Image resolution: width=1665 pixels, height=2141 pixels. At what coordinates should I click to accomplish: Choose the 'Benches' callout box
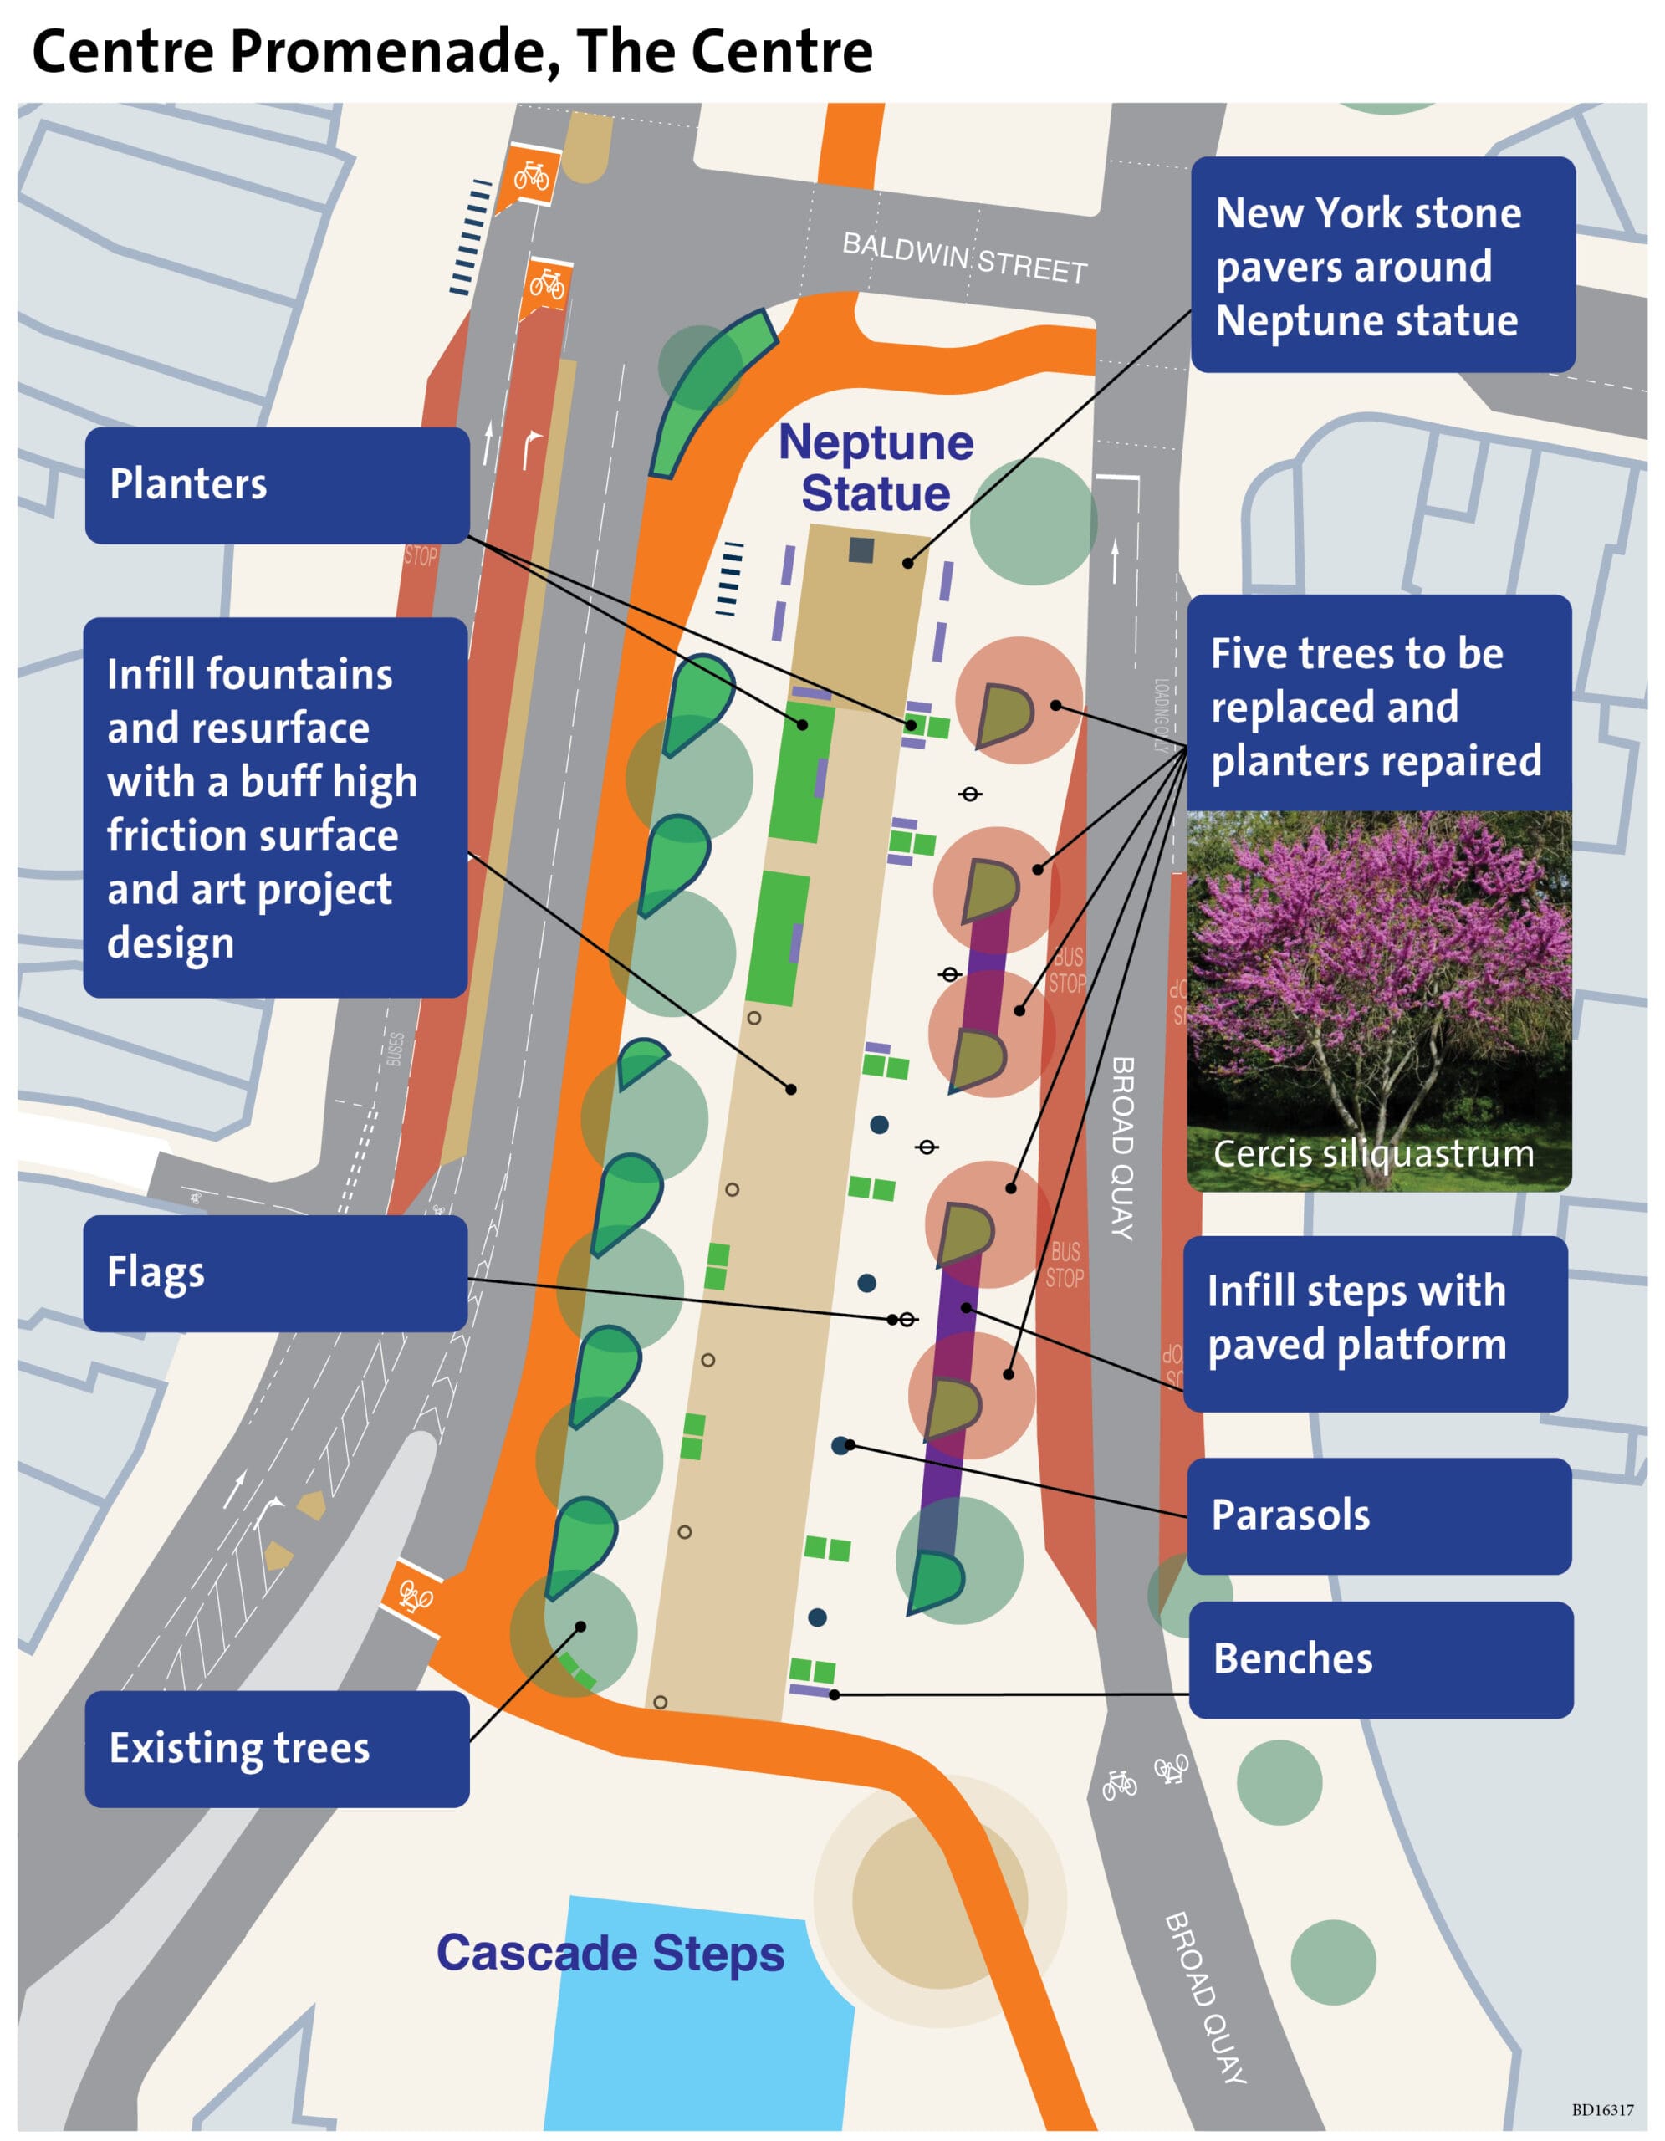click(x=1380, y=1658)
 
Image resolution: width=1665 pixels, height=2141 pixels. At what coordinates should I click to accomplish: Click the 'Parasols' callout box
click(x=1378, y=1515)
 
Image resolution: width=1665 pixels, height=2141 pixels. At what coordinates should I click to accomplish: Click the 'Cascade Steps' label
click(x=610, y=1953)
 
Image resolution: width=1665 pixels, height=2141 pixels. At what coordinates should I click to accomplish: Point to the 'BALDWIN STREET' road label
click(x=964, y=258)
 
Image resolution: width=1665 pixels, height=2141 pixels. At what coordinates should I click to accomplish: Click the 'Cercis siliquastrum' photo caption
click(x=1373, y=1154)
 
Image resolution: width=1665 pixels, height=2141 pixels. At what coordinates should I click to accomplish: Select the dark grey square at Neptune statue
click(x=861, y=550)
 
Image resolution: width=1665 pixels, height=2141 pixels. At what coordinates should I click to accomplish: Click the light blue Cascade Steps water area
click(x=686, y=2039)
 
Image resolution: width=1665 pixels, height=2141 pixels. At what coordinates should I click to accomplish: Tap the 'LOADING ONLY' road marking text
click(x=1162, y=715)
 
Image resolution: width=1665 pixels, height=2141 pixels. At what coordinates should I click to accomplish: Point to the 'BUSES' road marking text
click(x=396, y=1048)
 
